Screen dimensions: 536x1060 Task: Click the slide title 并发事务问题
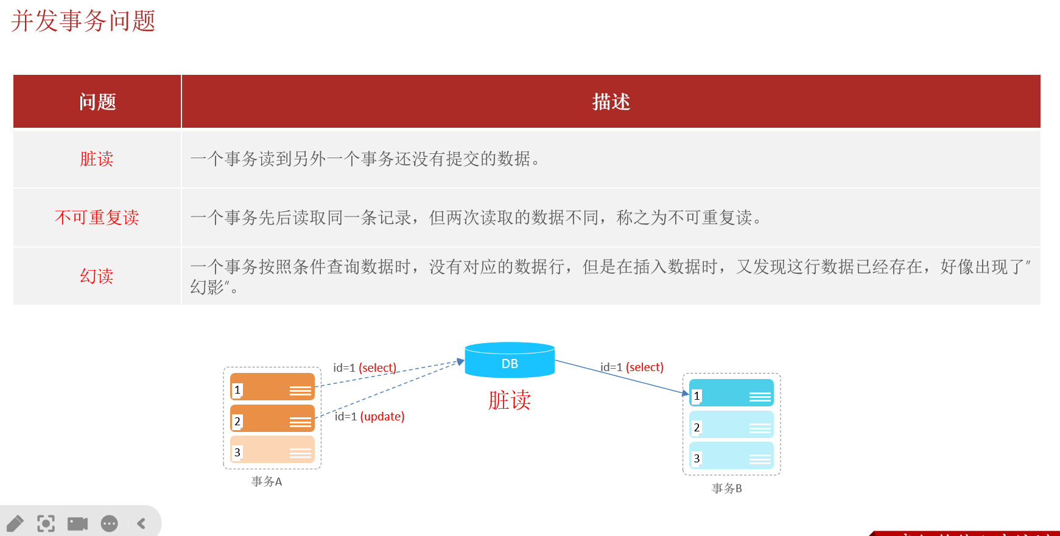coord(83,21)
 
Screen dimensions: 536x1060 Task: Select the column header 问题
coord(97,102)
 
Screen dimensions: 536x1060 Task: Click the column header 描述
coord(611,102)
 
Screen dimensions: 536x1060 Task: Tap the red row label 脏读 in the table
coord(97,159)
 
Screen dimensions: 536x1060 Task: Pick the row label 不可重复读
coord(97,218)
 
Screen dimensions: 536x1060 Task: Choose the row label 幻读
coord(97,276)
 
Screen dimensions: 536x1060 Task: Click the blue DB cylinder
coord(510,360)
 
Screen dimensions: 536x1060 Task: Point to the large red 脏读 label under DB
coord(510,400)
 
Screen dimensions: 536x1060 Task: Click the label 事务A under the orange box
coord(267,481)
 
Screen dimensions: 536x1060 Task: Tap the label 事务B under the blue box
coord(727,489)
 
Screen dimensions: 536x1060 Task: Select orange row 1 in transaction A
coord(272,387)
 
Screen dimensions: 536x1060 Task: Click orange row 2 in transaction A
coord(272,419)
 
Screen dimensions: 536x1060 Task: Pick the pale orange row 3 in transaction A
coord(272,450)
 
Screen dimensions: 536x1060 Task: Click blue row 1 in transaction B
coord(731,393)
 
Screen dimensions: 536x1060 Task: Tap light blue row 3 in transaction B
coord(731,456)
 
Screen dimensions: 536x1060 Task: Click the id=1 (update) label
coord(370,417)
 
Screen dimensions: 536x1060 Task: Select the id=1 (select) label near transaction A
coord(365,368)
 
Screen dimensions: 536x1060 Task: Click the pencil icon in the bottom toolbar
coord(15,523)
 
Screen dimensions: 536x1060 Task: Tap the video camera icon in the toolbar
coord(77,523)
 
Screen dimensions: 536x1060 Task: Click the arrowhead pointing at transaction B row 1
coord(686,393)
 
